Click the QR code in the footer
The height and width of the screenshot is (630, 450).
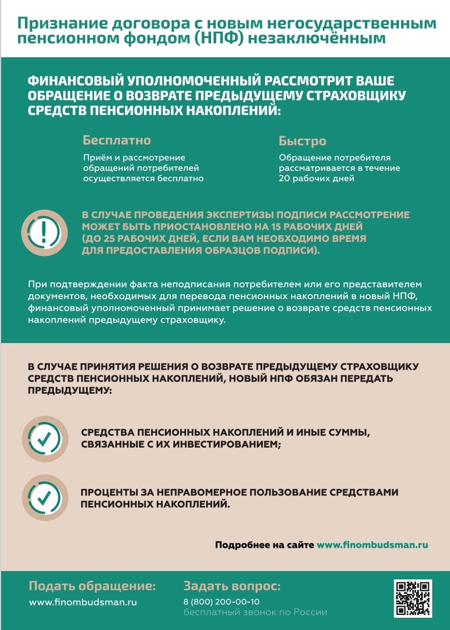click(413, 598)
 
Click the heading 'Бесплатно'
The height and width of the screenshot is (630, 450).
click(117, 141)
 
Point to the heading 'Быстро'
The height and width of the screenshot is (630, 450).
click(302, 141)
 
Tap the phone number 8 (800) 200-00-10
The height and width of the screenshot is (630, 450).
click(222, 601)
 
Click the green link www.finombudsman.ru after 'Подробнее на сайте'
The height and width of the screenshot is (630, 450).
click(372, 545)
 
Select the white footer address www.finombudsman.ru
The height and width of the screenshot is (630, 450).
click(83, 601)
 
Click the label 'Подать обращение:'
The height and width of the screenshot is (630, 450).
click(92, 586)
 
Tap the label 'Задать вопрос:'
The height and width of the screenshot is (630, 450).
click(232, 586)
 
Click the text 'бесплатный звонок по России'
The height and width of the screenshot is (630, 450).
click(255, 612)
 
